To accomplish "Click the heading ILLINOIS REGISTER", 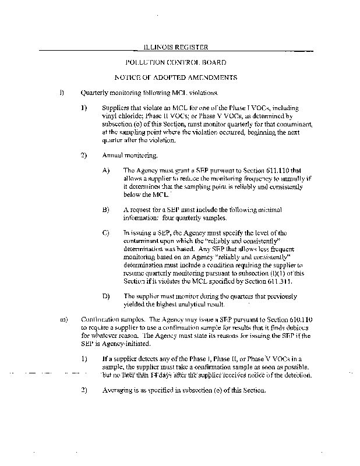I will point(175,47).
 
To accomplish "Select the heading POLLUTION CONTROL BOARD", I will point(175,62).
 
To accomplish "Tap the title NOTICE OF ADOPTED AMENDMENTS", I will point(175,77).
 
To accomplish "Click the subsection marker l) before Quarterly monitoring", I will point(61,93).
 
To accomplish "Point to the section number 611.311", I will point(277,281).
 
